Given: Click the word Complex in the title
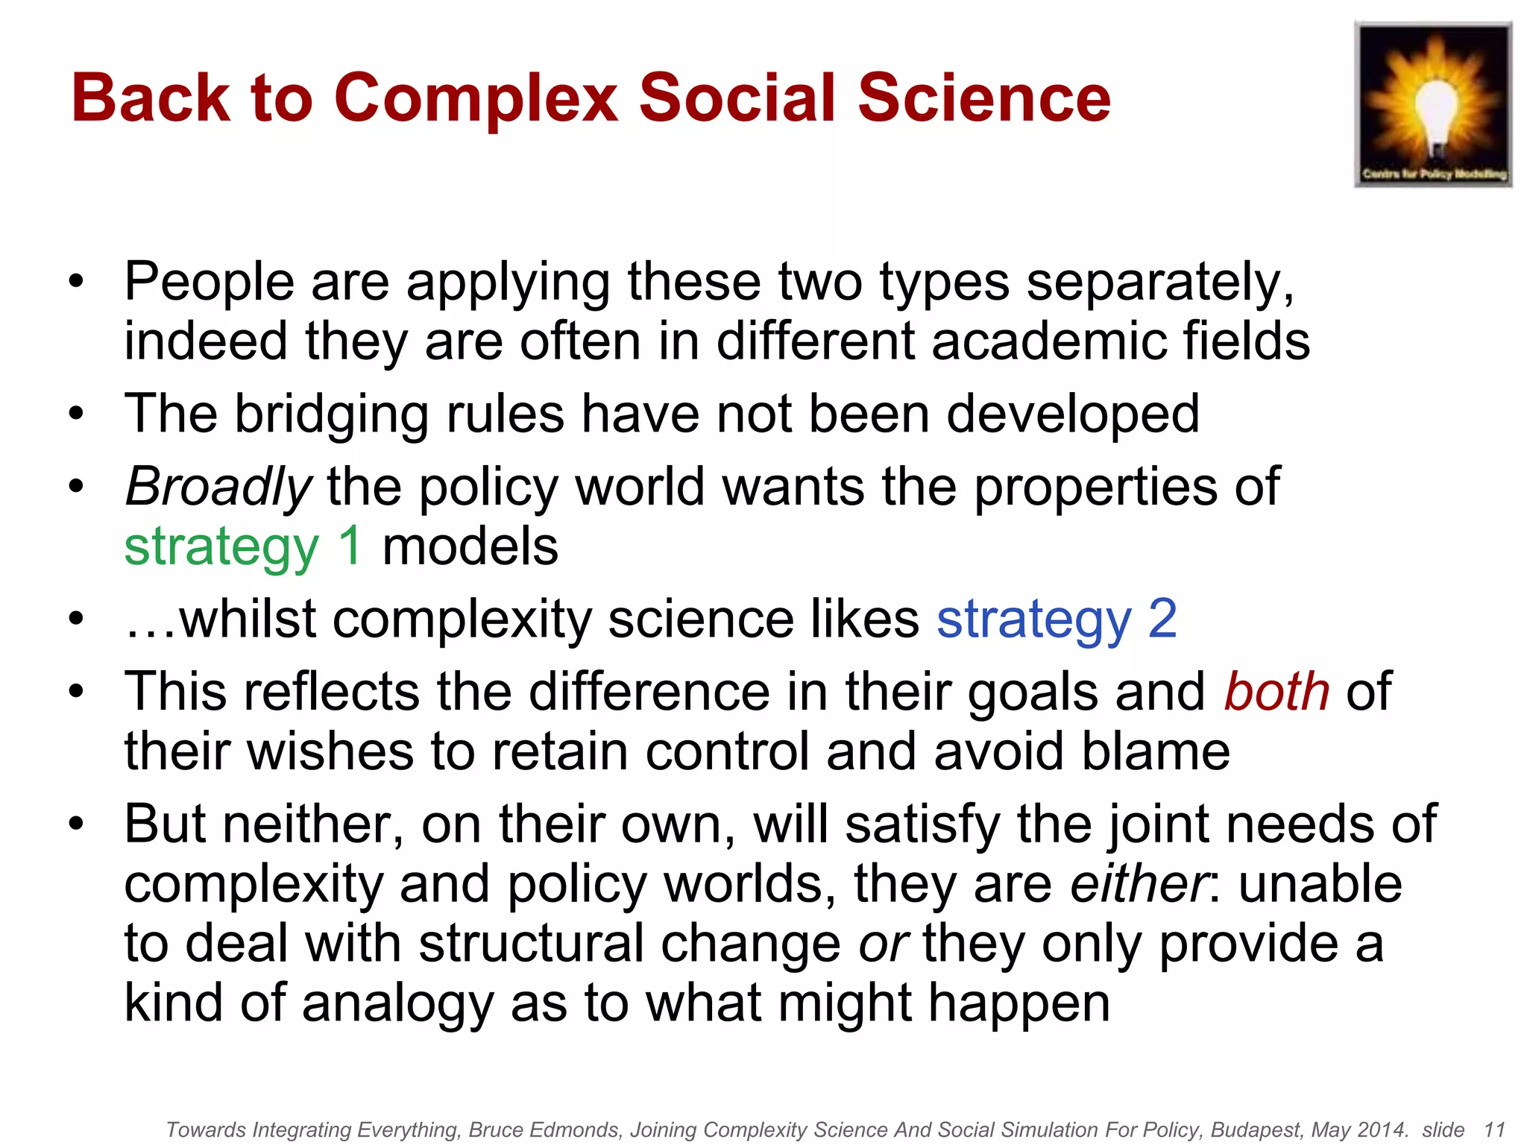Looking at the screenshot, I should (476, 98).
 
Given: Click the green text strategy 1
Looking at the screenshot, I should (243, 546).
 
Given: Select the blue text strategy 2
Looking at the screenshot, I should (1057, 619).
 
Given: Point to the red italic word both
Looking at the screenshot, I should (1276, 692).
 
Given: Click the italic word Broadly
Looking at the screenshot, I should (218, 488).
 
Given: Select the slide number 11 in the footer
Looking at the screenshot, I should (1494, 1130).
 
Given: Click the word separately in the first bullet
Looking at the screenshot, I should (1160, 283).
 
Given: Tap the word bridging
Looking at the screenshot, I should (332, 414).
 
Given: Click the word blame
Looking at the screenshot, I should (1156, 751).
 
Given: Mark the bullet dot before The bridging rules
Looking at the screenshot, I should (76, 414).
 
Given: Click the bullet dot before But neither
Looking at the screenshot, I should (76, 824).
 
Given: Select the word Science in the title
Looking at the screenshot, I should (984, 98).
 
